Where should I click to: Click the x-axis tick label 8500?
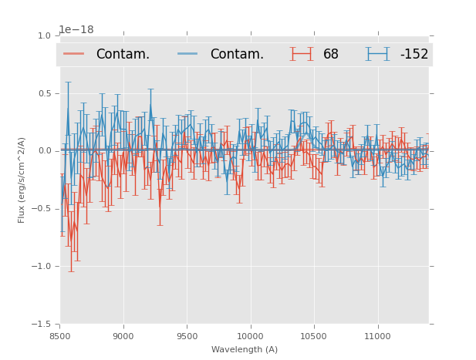[x=60, y=336]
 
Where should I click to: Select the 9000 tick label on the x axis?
[x=123, y=336]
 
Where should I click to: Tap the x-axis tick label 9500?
[x=187, y=336]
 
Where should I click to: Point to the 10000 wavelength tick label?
[x=250, y=336]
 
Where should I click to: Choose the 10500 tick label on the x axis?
[x=313, y=336]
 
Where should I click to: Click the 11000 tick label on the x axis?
[x=377, y=336]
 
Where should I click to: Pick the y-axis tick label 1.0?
[x=44, y=35]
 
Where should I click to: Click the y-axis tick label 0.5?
[x=44, y=93]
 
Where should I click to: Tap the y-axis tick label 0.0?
[x=44, y=151]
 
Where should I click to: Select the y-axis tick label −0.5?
[x=42, y=209]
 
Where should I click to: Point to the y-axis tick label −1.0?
[x=42, y=267]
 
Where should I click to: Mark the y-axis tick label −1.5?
[x=42, y=325]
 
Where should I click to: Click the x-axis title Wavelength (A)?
[x=245, y=349]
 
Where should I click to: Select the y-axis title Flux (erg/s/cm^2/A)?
[x=22, y=180]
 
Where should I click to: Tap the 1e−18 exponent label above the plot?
[x=76, y=30]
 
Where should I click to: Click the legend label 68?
[x=331, y=54]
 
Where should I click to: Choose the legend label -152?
[x=414, y=54]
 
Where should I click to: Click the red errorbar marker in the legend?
[x=302, y=54]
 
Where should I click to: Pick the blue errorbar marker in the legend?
[x=377, y=54]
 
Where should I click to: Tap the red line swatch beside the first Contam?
[x=74, y=54]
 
